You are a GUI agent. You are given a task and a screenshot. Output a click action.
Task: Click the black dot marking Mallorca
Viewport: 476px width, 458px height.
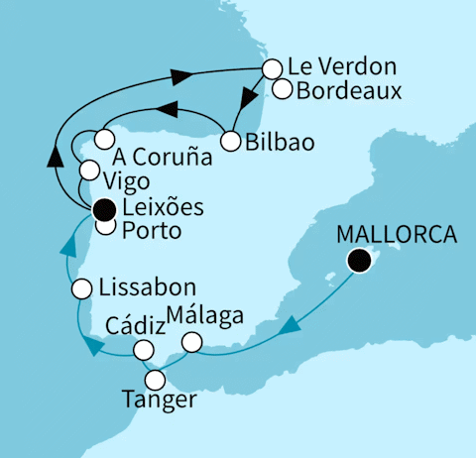(359, 261)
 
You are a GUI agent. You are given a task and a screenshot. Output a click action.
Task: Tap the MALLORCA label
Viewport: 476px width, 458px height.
(398, 236)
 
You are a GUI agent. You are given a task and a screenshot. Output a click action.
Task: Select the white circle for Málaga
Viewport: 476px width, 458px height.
(191, 342)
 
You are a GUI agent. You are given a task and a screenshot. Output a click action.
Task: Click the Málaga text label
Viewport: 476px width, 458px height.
(203, 317)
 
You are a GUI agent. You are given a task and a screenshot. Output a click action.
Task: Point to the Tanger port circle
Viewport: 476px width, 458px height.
(156, 379)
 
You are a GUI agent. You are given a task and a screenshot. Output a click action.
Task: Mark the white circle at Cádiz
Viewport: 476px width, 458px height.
(145, 350)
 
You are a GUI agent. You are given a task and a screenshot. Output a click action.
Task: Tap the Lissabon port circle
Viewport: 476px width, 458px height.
(84, 288)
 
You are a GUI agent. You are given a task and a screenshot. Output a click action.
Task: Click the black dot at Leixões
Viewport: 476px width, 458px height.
(104, 209)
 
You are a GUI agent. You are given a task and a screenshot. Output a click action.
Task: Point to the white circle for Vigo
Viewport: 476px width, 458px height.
(89, 170)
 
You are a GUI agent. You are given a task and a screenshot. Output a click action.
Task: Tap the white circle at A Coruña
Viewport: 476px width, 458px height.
(105, 138)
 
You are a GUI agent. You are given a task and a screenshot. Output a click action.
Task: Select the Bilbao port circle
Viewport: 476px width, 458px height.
(231, 142)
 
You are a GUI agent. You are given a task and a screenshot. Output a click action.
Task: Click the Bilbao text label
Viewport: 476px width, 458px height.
(282, 143)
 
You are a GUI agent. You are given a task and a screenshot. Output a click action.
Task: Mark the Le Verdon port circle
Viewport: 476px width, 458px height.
(271, 68)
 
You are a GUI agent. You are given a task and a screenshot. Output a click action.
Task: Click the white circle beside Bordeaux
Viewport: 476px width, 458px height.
(282, 90)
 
